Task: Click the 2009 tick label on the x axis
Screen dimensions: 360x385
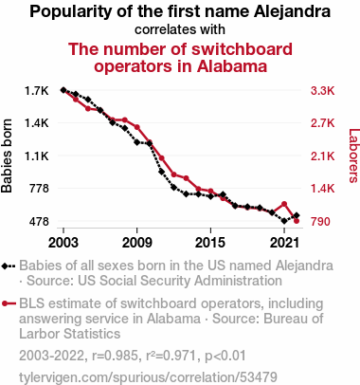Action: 136,243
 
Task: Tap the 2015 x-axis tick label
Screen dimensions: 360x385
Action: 210,243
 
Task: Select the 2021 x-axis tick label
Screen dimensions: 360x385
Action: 284,243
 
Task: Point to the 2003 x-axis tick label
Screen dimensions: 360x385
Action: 63,243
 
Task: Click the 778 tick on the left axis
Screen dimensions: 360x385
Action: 39,189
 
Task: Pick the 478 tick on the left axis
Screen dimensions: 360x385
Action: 39,222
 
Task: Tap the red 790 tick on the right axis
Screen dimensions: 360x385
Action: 320,222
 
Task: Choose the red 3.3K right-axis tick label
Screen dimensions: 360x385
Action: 322,91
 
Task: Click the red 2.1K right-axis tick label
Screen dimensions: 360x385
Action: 322,156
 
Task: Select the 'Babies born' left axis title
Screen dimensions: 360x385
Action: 7,156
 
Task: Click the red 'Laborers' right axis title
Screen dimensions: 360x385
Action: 354,156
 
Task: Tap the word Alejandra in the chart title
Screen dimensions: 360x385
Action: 292,11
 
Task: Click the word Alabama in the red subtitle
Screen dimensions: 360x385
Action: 232,66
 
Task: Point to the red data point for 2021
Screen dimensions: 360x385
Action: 284,204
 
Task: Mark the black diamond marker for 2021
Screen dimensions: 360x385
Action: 284,221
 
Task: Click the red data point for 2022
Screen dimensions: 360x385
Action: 297,221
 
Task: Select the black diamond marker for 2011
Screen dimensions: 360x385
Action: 161,172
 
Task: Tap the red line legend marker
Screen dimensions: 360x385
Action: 9,303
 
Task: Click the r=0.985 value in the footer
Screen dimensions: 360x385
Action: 115,356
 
